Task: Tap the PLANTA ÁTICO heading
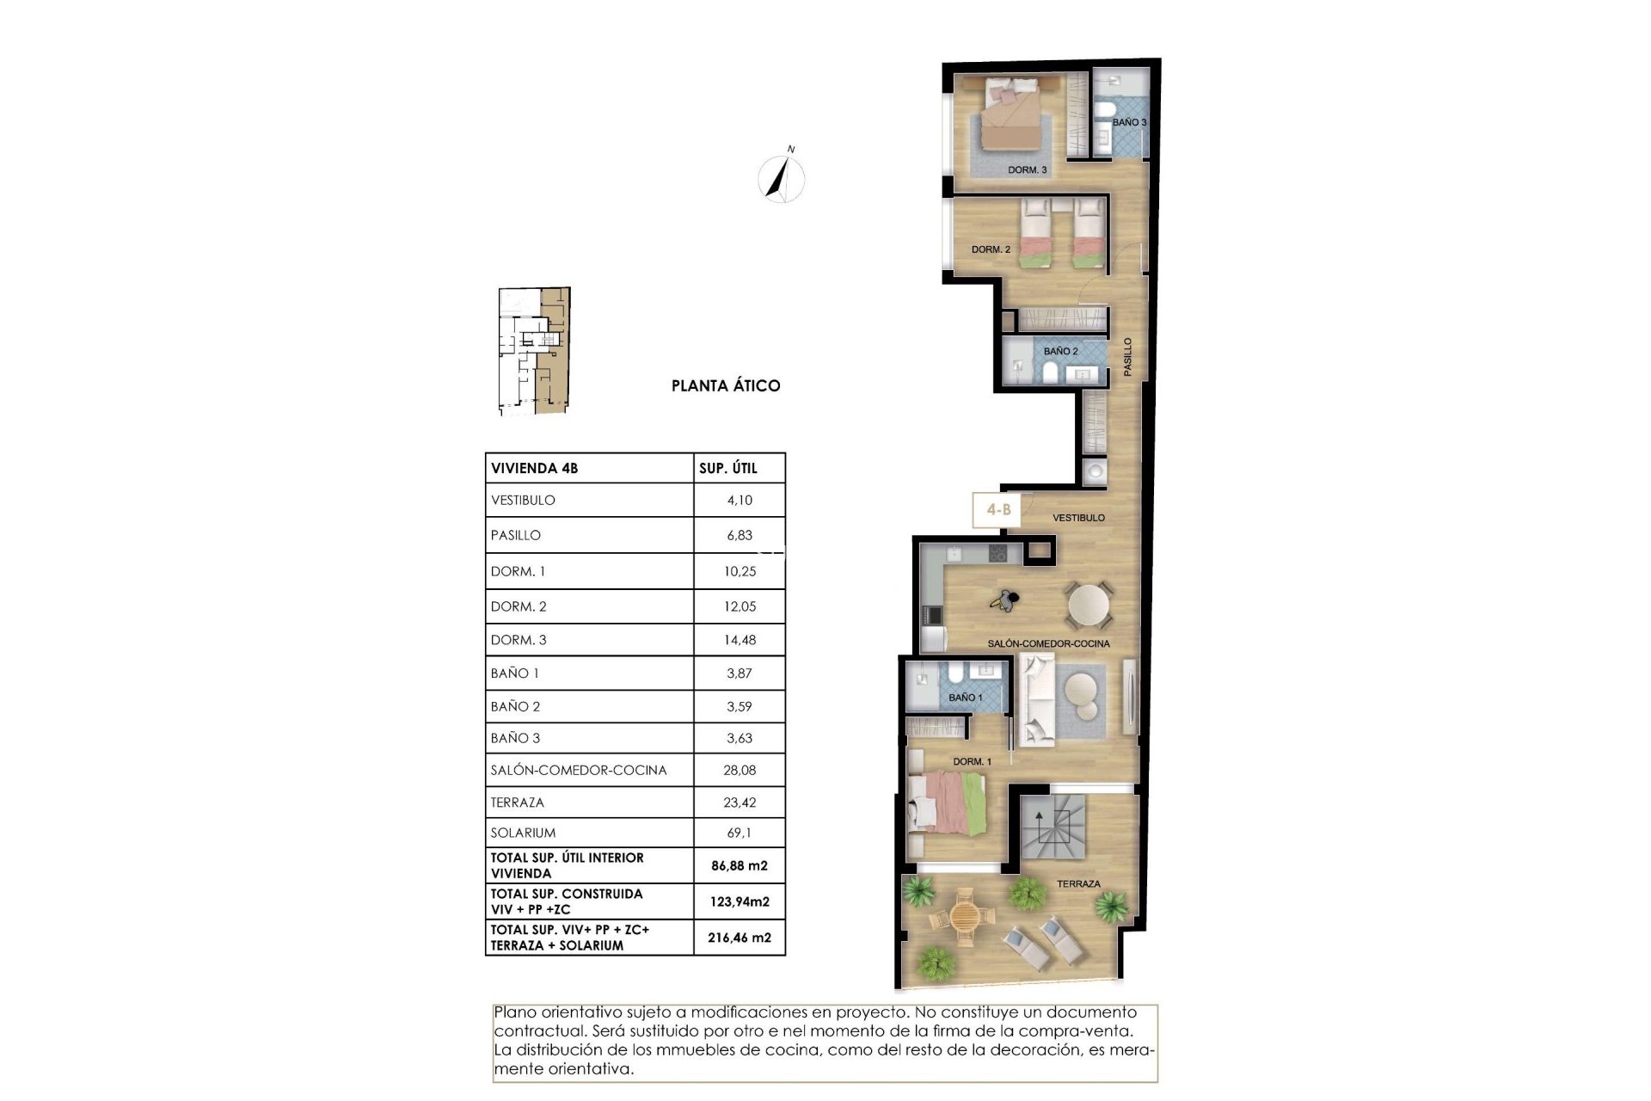pos(726,386)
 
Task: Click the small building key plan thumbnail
pos(534,351)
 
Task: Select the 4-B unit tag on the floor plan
pos(997,510)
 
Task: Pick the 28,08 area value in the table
pos(740,771)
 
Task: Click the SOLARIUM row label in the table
pos(523,833)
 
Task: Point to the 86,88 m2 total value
pos(740,866)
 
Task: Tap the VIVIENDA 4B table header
pos(534,469)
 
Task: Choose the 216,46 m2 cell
pos(740,938)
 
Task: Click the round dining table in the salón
pos(1089,605)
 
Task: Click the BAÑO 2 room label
pos(1060,352)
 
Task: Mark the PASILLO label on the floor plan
pos(1128,356)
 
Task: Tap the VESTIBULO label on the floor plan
pos(1078,518)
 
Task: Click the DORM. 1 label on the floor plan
pos(972,762)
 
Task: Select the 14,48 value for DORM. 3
pos(740,640)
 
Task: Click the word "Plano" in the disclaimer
pos(515,1012)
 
